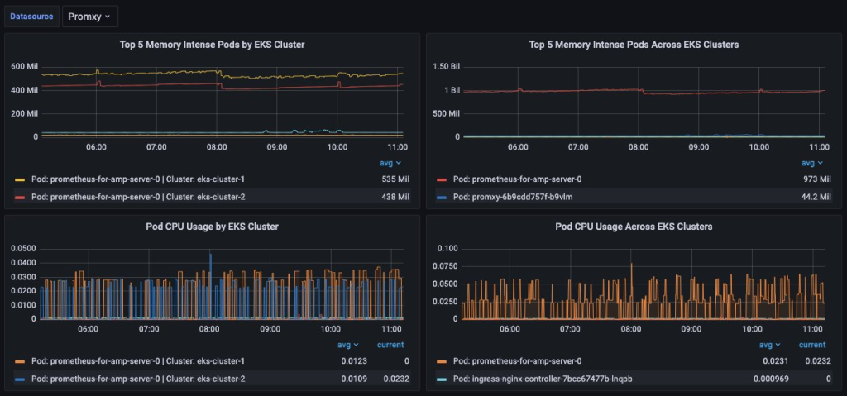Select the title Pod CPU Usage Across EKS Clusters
click(x=633, y=226)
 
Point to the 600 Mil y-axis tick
click(x=24, y=66)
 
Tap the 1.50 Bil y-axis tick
click(x=447, y=66)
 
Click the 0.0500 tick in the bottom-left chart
click(x=22, y=248)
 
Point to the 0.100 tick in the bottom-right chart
click(x=447, y=248)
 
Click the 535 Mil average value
click(x=395, y=179)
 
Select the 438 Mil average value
click(x=395, y=197)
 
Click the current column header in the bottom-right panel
click(x=812, y=345)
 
